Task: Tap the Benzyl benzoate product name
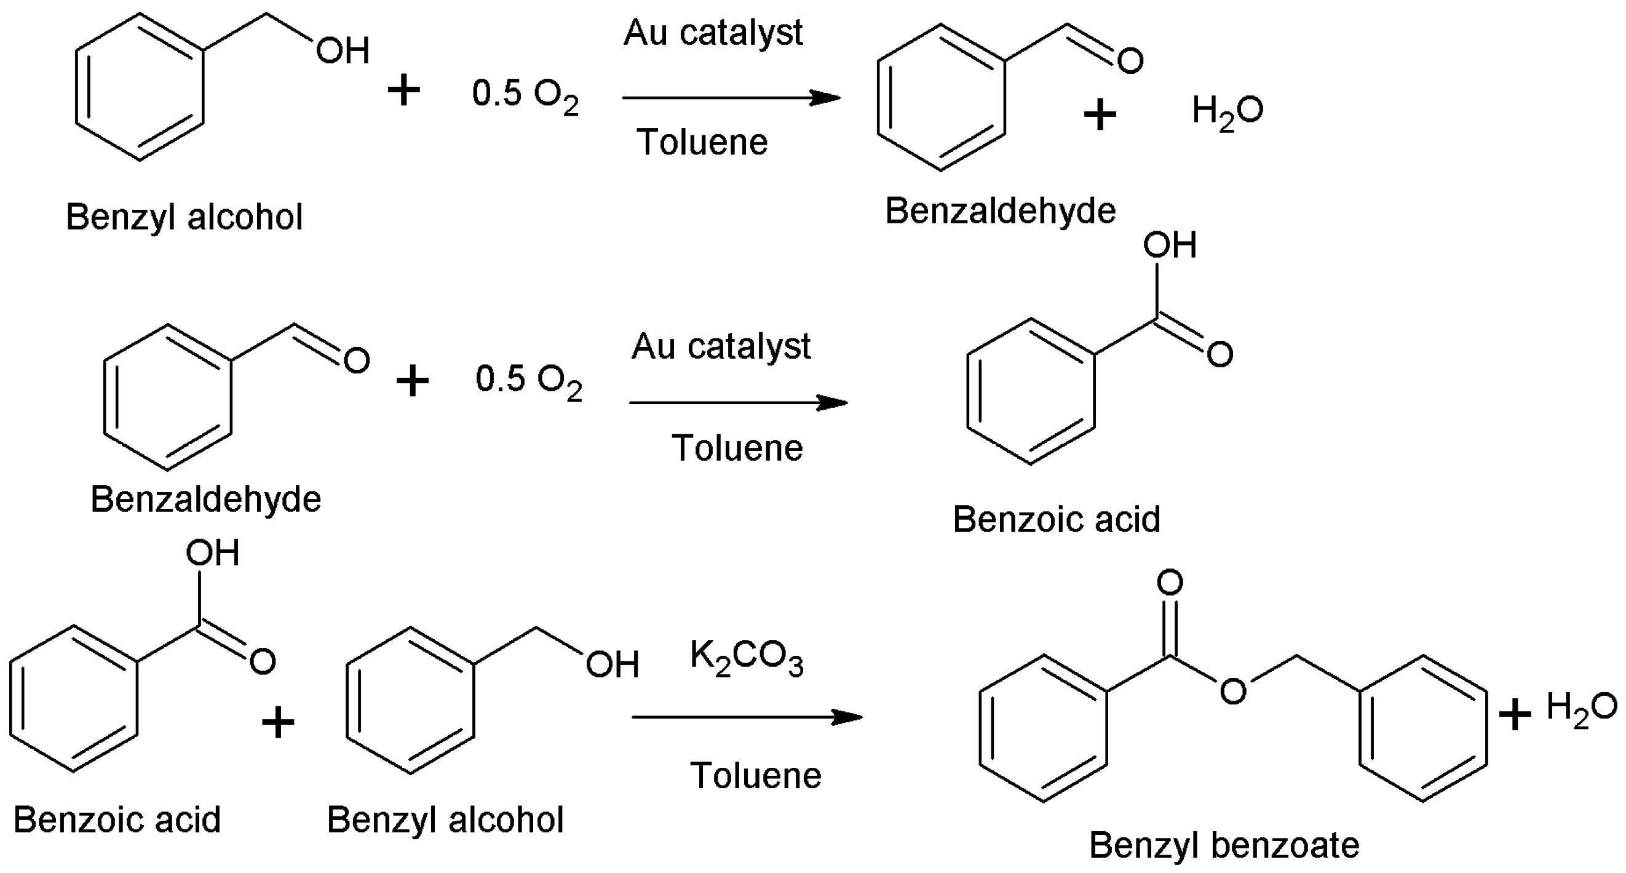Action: (1224, 845)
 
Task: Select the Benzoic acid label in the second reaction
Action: (1057, 519)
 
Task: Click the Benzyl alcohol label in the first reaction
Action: (184, 217)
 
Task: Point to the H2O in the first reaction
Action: (1227, 112)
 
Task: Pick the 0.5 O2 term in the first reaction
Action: (525, 95)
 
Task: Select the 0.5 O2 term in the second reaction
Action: (529, 381)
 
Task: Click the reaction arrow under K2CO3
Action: (747, 717)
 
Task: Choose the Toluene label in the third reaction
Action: (756, 775)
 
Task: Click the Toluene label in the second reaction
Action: (737, 448)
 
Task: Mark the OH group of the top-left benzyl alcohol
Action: (343, 50)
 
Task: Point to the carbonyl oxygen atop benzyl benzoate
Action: (1170, 583)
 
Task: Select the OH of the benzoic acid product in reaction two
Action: (1170, 245)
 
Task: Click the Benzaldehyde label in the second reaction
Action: (206, 499)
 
